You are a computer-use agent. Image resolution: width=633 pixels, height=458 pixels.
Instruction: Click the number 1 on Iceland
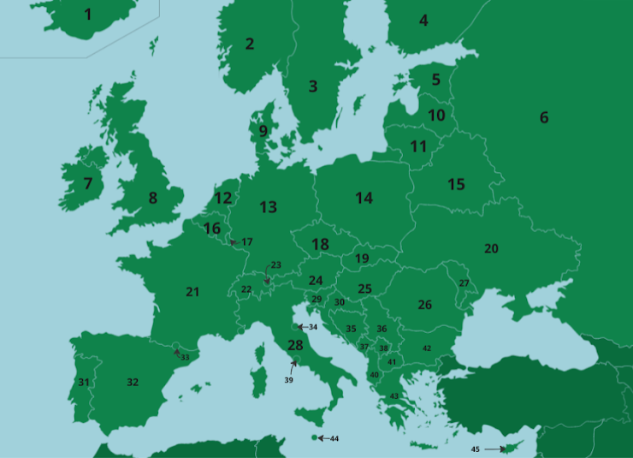pyautogui.click(x=88, y=14)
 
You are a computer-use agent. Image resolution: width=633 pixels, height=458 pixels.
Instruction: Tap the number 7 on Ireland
pyautogui.click(x=87, y=183)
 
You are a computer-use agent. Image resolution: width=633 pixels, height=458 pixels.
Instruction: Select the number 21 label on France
pyautogui.click(x=192, y=292)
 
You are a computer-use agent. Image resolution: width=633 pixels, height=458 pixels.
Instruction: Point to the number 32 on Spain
pyautogui.click(x=133, y=382)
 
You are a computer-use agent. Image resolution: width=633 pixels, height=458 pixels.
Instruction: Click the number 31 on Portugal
pyautogui.click(x=84, y=382)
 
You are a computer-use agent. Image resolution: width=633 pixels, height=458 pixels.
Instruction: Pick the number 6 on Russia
pyautogui.click(x=544, y=118)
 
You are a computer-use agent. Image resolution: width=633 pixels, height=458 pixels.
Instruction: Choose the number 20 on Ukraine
pyautogui.click(x=491, y=248)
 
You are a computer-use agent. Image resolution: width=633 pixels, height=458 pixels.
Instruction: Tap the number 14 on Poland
pyautogui.click(x=364, y=199)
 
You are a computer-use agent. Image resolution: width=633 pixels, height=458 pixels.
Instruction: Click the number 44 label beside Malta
pyautogui.click(x=334, y=438)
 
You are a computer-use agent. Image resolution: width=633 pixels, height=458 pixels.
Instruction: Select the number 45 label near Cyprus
pyautogui.click(x=476, y=449)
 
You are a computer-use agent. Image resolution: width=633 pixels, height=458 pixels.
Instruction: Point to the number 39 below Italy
pyautogui.click(x=289, y=379)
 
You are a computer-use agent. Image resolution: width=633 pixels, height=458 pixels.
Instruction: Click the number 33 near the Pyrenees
pyautogui.click(x=185, y=357)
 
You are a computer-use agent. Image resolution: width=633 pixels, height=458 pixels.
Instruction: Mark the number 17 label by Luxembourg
pyautogui.click(x=247, y=242)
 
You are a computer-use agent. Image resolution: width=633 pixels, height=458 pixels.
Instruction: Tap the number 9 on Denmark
pyautogui.click(x=263, y=131)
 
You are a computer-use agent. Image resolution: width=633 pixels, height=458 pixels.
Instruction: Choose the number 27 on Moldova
pyautogui.click(x=464, y=283)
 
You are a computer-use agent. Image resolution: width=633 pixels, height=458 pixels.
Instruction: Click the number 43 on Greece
pyautogui.click(x=394, y=396)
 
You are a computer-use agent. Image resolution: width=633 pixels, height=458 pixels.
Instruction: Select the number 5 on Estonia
pyautogui.click(x=436, y=80)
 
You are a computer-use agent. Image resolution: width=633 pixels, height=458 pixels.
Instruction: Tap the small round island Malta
pyautogui.click(x=314, y=437)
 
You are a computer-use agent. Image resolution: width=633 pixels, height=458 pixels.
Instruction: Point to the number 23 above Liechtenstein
pyautogui.click(x=275, y=265)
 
